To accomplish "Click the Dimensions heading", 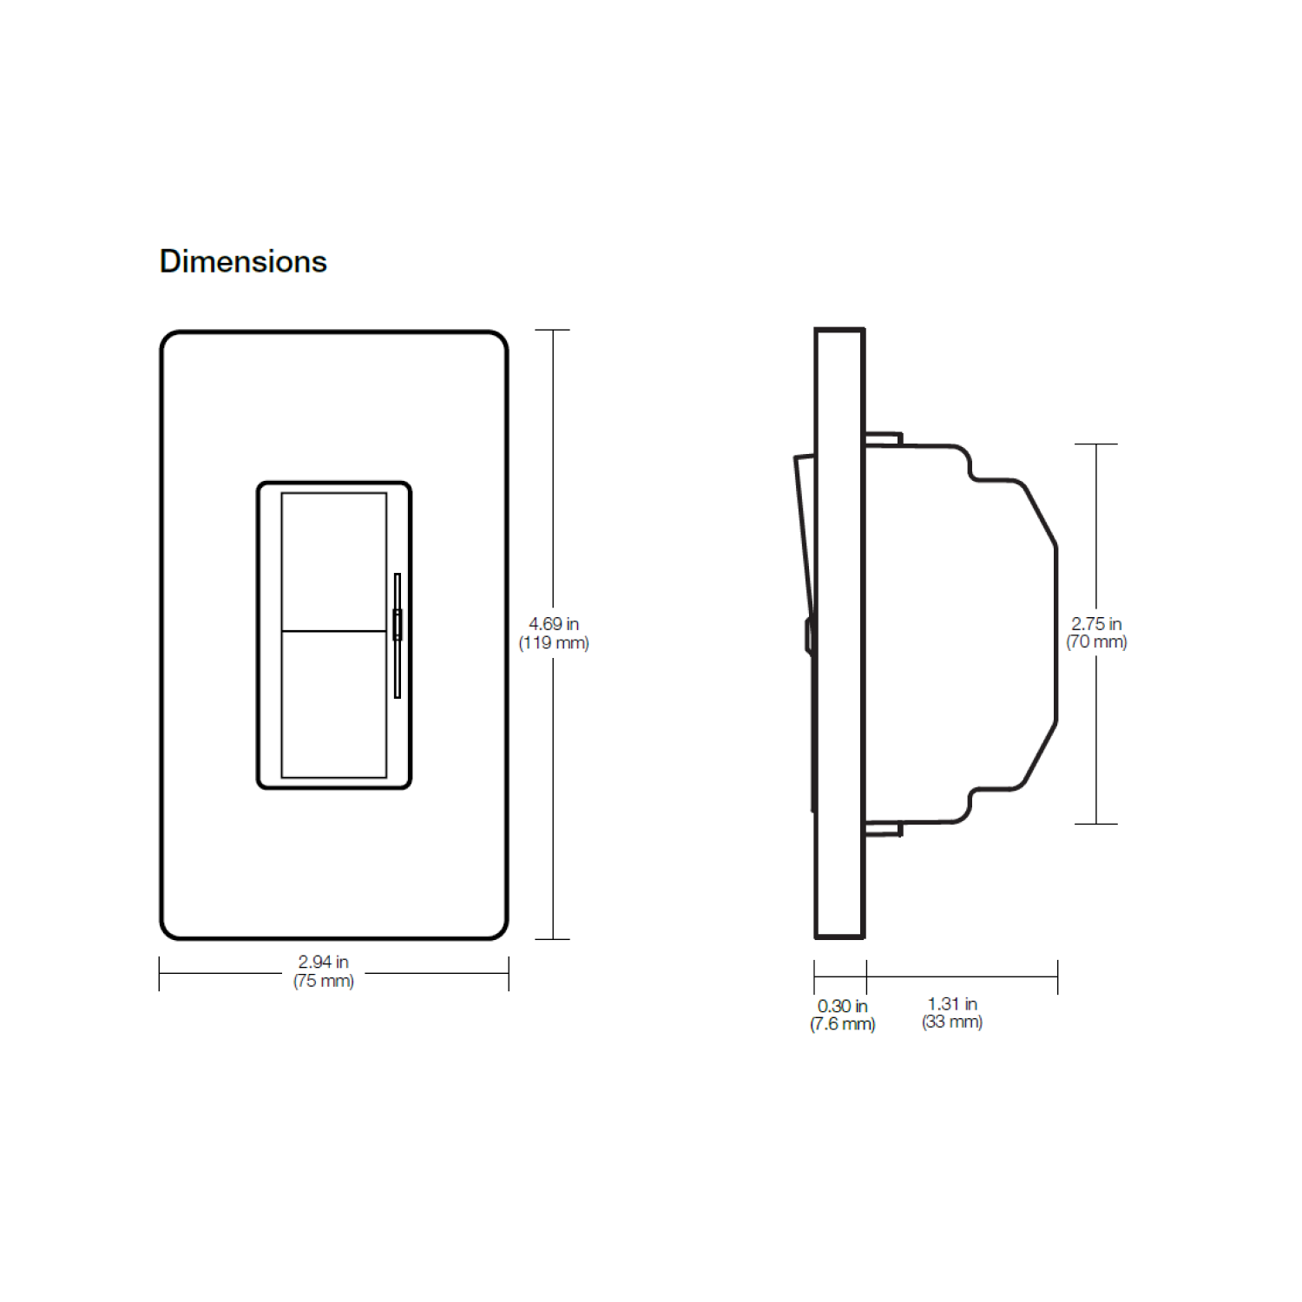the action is [x=243, y=261].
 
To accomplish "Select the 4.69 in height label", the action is [x=554, y=624].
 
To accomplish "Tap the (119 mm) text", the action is [x=554, y=643].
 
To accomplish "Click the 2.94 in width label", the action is [x=324, y=962].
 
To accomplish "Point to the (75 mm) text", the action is [x=324, y=981].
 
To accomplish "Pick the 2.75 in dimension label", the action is [x=1096, y=624].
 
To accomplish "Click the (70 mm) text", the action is [x=1096, y=642].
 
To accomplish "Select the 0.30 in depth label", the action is [x=843, y=1006].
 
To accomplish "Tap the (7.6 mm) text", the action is [x=843, y=1024].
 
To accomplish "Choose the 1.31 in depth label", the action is [x=952, y=1004].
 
